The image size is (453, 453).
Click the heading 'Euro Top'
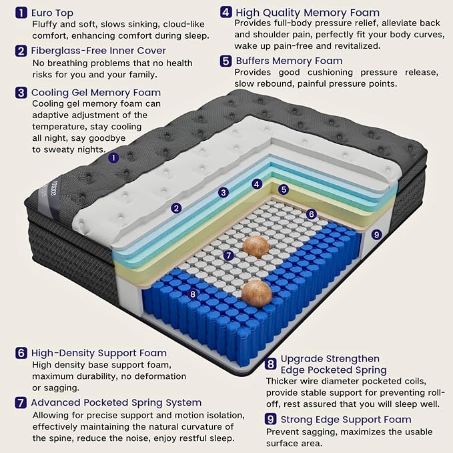tap(52, 13)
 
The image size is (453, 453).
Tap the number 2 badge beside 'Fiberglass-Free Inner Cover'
tap(21, 51)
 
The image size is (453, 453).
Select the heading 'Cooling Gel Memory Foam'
tap(96, 93)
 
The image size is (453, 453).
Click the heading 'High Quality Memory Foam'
tap(308, 13)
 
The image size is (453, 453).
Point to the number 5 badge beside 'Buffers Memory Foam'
tap(225, 61)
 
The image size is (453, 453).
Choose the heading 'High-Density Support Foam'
tap(99, 353)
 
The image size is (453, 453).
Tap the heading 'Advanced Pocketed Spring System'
tap(116, 402)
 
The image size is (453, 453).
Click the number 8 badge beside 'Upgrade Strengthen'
tap(270, 364)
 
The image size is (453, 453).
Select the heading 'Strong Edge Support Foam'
tap(346, 420)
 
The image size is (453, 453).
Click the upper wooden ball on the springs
tap(256, 247)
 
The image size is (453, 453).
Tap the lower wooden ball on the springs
tap(257, 294)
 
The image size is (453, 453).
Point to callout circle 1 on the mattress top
tap(113, 157)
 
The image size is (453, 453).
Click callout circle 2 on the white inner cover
tap(176, 208)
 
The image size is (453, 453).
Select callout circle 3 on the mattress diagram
tap(223, 192)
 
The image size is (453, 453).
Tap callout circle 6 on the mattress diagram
tap(312, 214)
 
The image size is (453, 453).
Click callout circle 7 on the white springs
tap(229, 256)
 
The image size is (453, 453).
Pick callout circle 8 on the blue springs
tap(193, 294)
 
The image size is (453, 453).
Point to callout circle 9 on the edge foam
tap(376, 234)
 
